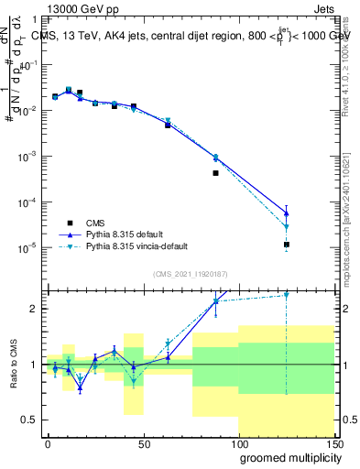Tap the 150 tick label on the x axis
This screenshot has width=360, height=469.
tap(333, 444)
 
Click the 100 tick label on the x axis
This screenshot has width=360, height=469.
tap(238, 444)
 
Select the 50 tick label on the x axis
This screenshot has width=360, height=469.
tap(143, 444)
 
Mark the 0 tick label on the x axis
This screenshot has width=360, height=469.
tap(48, 444)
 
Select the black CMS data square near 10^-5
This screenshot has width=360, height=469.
tap(287, 245)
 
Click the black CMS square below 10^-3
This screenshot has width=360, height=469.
tap(215, 173)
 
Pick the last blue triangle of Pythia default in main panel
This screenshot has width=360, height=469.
tap(287, 213)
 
